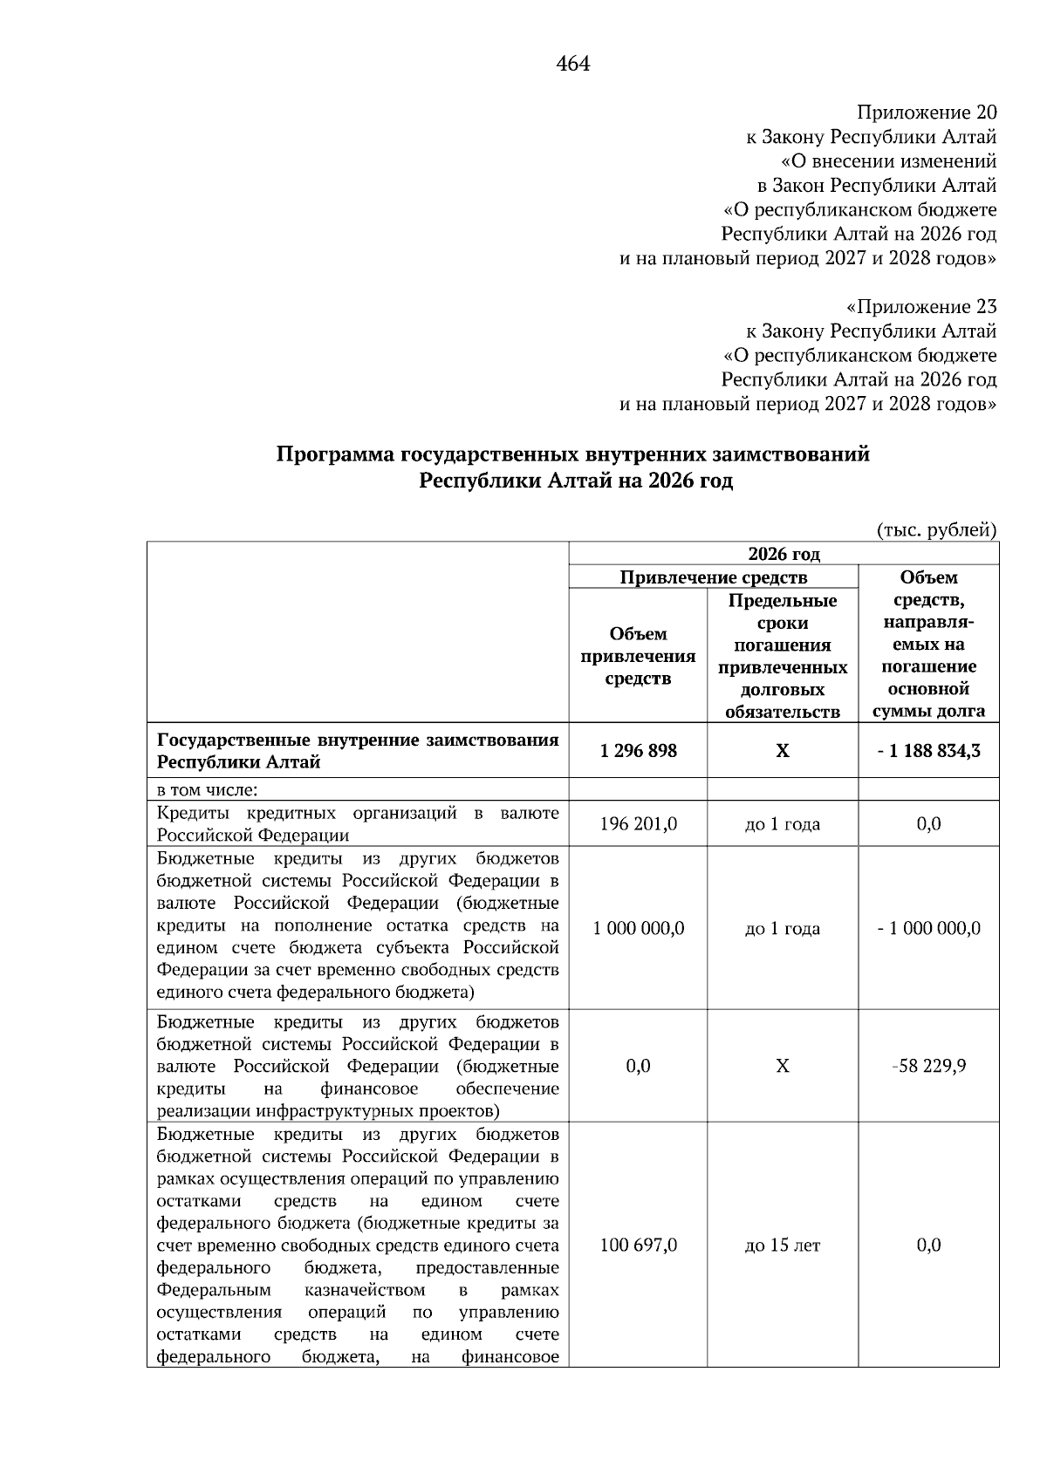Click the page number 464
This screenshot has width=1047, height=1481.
point(572,64)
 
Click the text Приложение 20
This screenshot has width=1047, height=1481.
point(926,113)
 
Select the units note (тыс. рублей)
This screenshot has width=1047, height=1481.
point(935,529)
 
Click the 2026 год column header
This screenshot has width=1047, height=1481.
point(783,554)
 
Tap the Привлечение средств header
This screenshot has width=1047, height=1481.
point(713,577)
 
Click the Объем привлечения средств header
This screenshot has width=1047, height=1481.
point(638,655)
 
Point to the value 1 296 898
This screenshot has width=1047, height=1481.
point(638,751)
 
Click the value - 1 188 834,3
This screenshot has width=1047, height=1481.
point(928,751)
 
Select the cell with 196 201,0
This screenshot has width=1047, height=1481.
point(638,824)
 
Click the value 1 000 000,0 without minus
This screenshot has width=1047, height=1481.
point(638,928)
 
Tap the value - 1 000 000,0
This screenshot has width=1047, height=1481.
point(928,928)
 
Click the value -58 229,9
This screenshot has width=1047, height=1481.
point(928,1066)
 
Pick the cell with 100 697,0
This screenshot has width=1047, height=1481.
point(638,1246)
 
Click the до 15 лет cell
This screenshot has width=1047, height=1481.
point(782,1246)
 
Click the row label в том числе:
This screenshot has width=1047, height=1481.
point(207,790)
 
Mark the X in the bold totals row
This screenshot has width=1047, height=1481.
point(782,751)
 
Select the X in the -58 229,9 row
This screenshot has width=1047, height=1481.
point(782,1066)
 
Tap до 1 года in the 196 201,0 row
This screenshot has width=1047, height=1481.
point(782,824)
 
